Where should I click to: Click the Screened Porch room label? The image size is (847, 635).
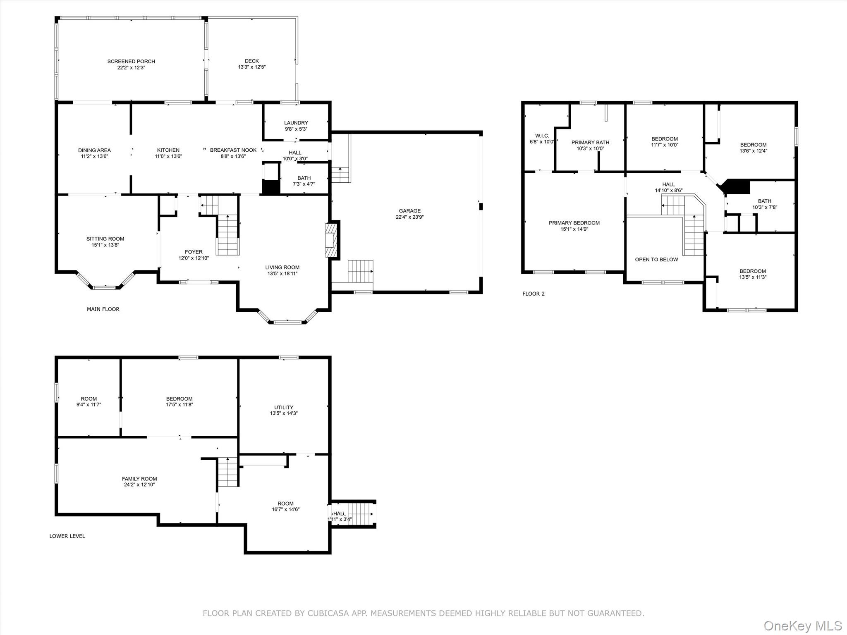[131, 62]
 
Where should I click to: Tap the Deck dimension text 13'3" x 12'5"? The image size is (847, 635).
[251, 67]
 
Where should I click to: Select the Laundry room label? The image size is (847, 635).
[296, 123]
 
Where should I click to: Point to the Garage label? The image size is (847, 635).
[409, 211]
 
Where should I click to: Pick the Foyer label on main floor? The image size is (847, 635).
[194, 252]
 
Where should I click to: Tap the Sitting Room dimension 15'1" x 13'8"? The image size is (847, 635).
[105, 245]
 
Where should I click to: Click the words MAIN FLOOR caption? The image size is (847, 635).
[103, 309]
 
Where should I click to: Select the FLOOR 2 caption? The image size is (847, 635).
[533, 294]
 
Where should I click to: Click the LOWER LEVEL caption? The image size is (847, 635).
[67, 536]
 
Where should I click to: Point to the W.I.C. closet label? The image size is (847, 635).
[542, 136]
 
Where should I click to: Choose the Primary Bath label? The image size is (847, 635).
[590, 143]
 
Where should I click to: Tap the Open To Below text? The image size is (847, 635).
[656, 260]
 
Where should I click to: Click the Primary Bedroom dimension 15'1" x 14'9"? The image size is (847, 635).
[574, 229]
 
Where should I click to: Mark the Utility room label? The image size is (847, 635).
[284, 407]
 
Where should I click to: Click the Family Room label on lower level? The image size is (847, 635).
[139, 479]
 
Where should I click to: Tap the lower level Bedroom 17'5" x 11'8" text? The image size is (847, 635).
[179, 405]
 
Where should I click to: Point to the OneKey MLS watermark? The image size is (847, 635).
[802, 625]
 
